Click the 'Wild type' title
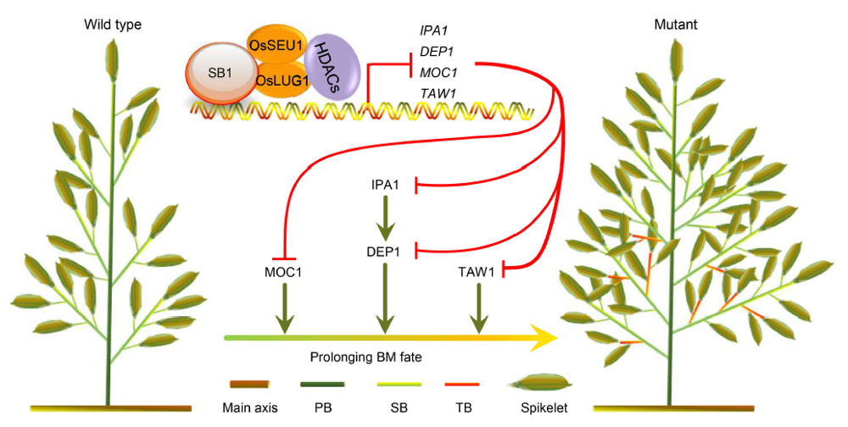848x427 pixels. coord(112,25)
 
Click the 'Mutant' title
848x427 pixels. coord(676,25)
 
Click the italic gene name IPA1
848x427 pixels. coord(433,30)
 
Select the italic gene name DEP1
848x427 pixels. coord(436,51)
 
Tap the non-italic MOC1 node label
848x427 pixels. coord(284,273)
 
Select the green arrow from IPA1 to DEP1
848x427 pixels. coord(386,218)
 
